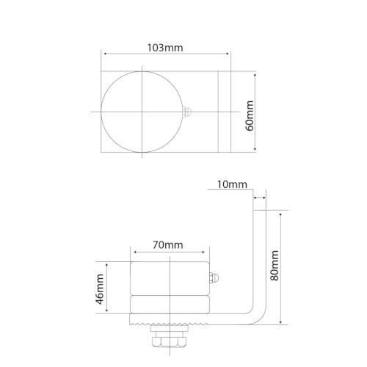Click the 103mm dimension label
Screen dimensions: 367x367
coord(165,48)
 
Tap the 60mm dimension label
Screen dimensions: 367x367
coord(250,116)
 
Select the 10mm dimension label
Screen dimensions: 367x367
coord(232,184)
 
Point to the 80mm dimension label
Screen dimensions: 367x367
coord(275,266)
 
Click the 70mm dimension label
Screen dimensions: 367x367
coord(168,245)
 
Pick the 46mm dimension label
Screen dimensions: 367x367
coord(100,289)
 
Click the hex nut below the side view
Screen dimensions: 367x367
coord(169,341)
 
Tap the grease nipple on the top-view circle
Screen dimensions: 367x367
coord(187,112)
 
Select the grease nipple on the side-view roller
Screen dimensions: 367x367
coord(214,278)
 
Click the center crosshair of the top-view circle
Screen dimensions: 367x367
coord(142,112)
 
